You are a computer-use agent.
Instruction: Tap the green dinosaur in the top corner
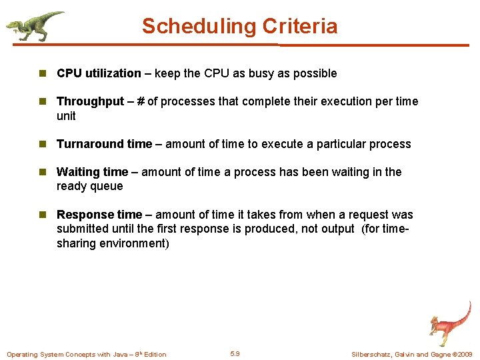(34, 25)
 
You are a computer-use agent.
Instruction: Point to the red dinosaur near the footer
(448, 323)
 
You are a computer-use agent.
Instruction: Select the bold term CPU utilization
(99, 73)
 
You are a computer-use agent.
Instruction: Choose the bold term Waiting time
(92, 172)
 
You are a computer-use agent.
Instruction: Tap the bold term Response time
(99, 215)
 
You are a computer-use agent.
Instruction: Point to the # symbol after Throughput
(141, 101)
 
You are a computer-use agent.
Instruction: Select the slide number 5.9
(235, 354)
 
